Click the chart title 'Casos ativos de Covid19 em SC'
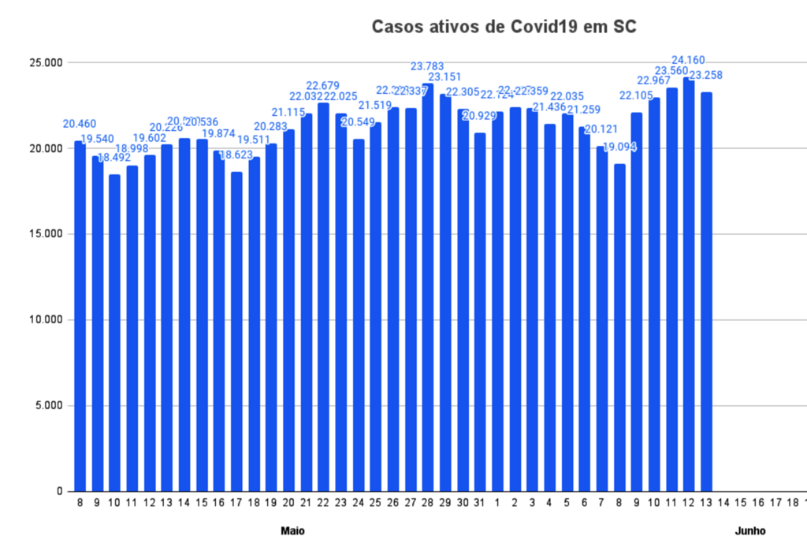[504, 28]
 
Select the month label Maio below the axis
[292, 531]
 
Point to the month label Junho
[750, 531]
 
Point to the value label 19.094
[619, 147]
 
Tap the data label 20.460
[80, 124]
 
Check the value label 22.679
[323, 85]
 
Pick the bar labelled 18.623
[236, 331]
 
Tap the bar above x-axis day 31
[479, 315]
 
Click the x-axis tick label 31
[479, 502]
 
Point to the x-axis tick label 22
[323, 502]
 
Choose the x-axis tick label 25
[375, 502]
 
